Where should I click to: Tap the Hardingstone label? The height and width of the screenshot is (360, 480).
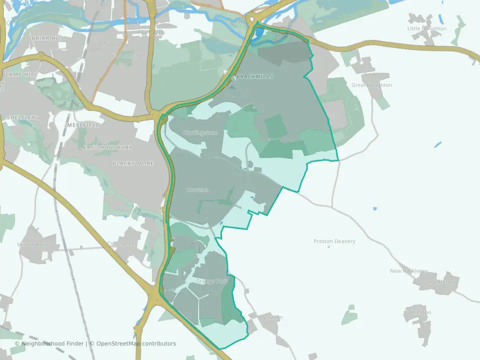coord(200,132)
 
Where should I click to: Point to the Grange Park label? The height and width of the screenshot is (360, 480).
coord(212,281)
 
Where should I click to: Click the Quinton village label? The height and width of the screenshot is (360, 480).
coord(272,317)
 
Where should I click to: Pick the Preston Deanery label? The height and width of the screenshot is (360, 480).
coord(334,241)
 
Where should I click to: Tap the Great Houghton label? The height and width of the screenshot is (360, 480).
coord(372,85)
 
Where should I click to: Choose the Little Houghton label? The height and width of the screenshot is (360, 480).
coord(427,28)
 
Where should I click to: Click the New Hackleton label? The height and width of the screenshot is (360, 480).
coord(409,271)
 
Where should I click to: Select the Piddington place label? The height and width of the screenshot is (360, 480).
coord(417,312)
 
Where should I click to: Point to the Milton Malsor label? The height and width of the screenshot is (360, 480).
coord(38,244)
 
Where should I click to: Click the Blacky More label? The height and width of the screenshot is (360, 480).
coord(133,163)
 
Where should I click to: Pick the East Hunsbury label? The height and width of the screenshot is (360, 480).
coord(107,147)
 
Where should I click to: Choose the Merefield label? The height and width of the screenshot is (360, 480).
coord(83,124)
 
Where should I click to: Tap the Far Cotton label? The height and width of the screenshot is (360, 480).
coord(125,56)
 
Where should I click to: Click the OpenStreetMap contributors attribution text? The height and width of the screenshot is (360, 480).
coord(136,343)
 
